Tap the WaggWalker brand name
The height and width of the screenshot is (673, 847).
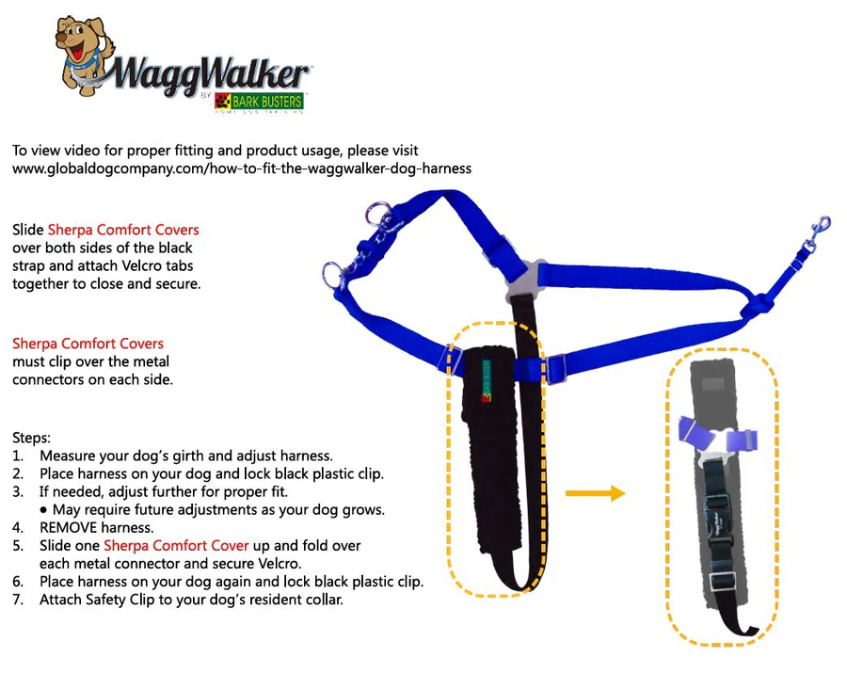(x=212, y=73)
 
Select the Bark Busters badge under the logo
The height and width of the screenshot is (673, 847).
(x=260, y=101)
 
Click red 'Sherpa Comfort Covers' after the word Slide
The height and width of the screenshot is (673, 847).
(x=123, y=230)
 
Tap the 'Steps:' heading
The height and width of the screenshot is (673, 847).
(x=33, y=438)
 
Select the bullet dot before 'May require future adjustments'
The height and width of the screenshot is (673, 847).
(x=44, y=509)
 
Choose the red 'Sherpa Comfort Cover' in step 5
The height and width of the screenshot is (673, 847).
(x=176, y=545)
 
